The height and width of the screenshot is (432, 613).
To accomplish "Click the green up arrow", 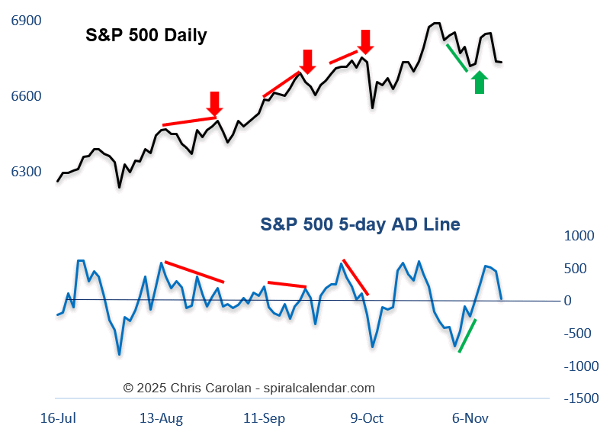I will pos(480,82).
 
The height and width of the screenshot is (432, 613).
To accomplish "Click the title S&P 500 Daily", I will pos(146,35).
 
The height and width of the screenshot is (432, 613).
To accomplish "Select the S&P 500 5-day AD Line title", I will pos(360,224).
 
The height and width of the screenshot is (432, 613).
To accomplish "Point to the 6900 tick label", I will pos(27,21).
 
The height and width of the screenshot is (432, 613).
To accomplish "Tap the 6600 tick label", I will pos(27,96).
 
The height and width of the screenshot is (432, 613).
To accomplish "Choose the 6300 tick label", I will pos(27,171).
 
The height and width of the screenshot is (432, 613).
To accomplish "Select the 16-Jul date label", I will pos(59,418).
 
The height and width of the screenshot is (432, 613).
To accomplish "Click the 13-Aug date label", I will pos(162,418).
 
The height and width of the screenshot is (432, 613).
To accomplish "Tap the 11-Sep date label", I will pos(263,418).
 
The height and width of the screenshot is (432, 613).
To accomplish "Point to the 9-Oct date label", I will pos(366,418).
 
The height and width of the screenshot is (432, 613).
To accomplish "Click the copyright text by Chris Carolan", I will pos(249,388).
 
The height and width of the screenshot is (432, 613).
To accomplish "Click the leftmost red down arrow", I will pos(215,103).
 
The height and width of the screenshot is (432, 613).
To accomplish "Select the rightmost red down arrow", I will pos(366,40).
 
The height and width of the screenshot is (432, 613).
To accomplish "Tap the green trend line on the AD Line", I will pos(467,335).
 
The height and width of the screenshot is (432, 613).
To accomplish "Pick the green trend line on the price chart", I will pos(457,58).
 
